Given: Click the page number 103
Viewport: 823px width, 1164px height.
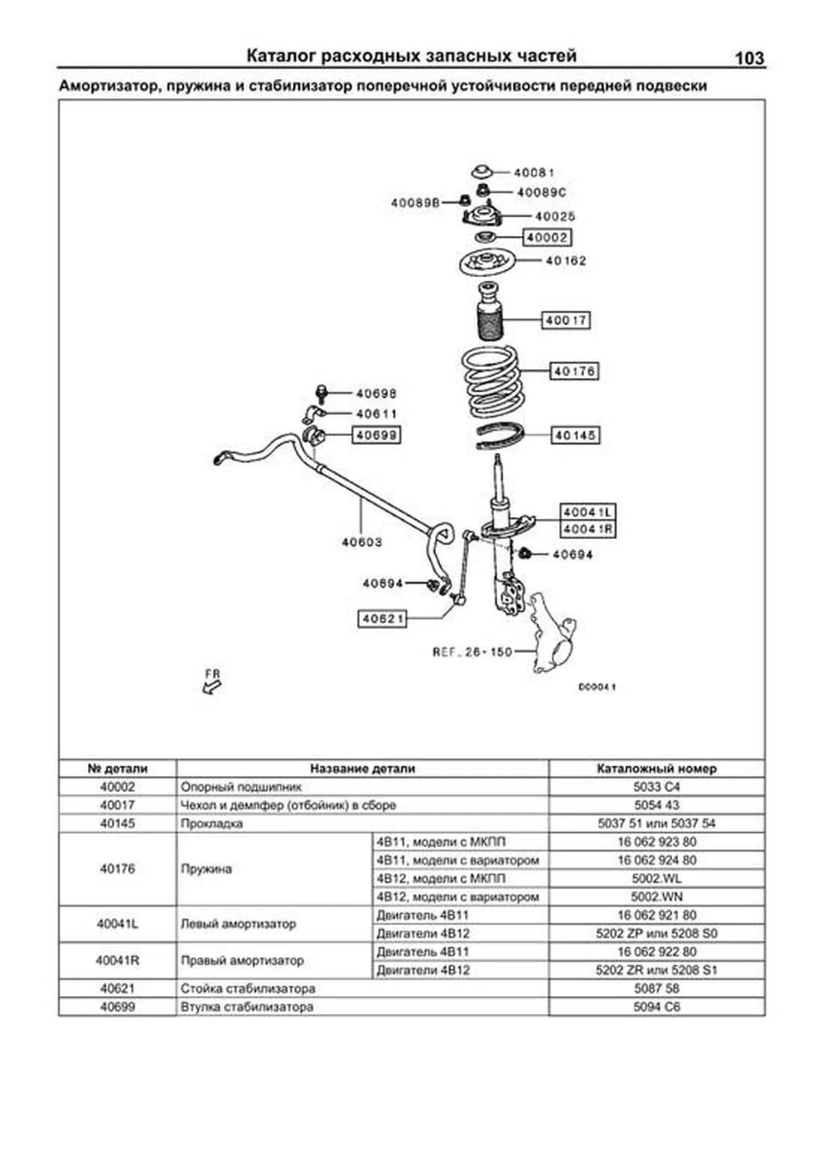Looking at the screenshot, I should tap(749, 58).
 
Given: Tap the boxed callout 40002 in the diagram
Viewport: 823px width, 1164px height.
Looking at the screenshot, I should tap(547, 237).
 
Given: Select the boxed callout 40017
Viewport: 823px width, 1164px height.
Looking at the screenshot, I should tap(566, 320).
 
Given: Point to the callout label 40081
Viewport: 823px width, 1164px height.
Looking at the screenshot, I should tap(534, 172).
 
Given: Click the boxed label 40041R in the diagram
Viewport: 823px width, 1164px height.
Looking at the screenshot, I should tap(588, 530).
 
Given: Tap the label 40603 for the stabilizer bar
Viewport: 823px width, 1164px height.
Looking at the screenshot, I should tap(361, 542).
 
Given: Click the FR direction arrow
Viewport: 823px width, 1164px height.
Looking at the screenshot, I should tap(213, 683).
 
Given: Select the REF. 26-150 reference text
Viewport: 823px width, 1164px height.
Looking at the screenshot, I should tap(472, 652).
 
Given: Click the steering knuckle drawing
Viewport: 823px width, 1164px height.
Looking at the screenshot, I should tap(552, 634).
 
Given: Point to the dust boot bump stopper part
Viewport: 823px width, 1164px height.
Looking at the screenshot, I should tap(490, 312).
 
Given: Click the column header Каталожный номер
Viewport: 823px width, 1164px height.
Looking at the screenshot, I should tap(656, 768).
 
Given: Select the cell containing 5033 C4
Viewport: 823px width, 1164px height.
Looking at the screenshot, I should tap(656, 787).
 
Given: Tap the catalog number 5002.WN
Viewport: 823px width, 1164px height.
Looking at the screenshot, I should tap(656, 896).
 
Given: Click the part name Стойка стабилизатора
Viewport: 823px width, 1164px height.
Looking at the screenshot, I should tap(248, 988).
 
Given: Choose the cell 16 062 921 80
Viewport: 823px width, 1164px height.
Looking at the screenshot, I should tap(656, 915).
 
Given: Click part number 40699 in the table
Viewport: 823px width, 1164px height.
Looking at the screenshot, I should tap(117, 1007).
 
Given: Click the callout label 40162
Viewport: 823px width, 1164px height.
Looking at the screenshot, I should tap(565, 261).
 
